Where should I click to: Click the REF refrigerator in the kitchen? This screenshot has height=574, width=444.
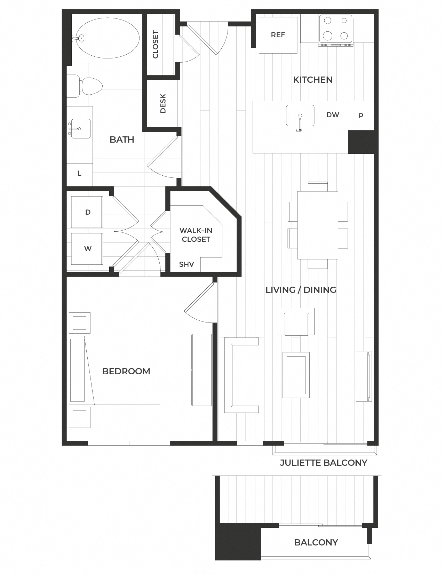pyautogui.click(x=278, y=34)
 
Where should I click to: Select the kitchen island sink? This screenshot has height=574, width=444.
pyautogui.click(x=300, y=116)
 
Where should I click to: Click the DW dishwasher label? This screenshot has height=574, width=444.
pyautogui.click(x=333, y=115)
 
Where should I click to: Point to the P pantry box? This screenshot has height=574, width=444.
pyautogui.click(x=361, y=115)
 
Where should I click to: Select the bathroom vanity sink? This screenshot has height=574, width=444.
pyautogui.click(x=80, y=129)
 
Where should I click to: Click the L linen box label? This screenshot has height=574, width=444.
pyautogui.click(x=79, y=173)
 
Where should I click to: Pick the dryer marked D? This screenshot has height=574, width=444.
pyautogui.click(x=87, y=212)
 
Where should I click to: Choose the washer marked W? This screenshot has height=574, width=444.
pyautogui.click(x=87, y=248)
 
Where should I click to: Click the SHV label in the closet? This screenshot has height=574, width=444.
pyautogui.click(x=186, y=264)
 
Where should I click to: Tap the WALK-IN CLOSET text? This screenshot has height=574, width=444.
pyautogui.click(x=196, y=235)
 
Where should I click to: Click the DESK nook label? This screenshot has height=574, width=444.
pyautogui.click(x=163, y=103)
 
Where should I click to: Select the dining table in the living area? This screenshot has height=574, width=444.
pyautogui.click(x=317, y=225)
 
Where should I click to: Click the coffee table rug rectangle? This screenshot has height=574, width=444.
pyautogui.click(x=296, y=375)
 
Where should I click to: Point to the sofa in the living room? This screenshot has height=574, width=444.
pyautogui.click(x=241, y=375)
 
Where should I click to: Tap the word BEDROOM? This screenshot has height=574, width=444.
pyautogui.click(x=126, y=371)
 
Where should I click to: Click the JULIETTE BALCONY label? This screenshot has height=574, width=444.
pyautogui.click(x=323, y=463)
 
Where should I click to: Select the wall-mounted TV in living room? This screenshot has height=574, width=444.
pyautogui.click(x=364, y=376)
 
